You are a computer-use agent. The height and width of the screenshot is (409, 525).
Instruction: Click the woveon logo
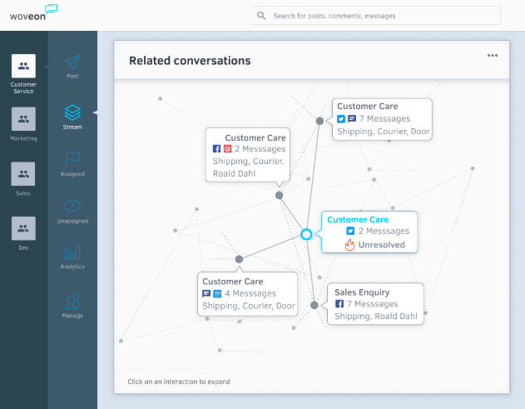[x=33, y=13]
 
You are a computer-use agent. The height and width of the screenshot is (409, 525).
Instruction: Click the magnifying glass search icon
[x=261, y=16]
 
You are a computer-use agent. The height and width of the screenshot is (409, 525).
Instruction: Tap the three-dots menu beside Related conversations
[x=493, y=55]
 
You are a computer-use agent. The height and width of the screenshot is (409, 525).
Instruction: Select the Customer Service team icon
[x=23, y=66]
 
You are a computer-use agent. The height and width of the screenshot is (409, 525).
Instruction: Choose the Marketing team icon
[x=23, y=119]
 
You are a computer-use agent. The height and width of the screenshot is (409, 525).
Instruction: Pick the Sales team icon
[x=23, y=174]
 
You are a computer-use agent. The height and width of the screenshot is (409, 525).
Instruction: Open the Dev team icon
[x=23, y=228]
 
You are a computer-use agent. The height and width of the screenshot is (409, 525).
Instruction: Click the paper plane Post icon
[x=72, y=62]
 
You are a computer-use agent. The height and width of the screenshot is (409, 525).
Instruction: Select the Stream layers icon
[x=72, y=112]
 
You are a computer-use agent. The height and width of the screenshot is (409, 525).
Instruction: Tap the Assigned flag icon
[x=72, y=159]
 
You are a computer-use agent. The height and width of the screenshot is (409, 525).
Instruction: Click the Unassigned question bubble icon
[x=72, y=207]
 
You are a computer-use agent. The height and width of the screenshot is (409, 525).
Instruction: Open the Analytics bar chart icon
[x=72, y=252]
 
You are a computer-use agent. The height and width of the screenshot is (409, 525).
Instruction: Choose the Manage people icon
[x=72, y=302]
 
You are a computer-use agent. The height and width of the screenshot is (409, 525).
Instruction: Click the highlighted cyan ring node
[x=306, y=230]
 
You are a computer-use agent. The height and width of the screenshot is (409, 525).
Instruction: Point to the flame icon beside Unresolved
[x=350, y=245]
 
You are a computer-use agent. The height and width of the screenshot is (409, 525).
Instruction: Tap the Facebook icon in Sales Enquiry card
[x=339, y=304]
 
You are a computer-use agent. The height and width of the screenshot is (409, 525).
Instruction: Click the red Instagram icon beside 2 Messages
[x=227, y=148]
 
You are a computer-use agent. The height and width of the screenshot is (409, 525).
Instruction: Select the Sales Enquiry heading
[x=362, y=292]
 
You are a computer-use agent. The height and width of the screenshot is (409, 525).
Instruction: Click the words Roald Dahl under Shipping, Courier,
[x=234, y=173]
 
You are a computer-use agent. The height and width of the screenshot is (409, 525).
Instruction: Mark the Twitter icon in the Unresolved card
[x=350, y=231]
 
